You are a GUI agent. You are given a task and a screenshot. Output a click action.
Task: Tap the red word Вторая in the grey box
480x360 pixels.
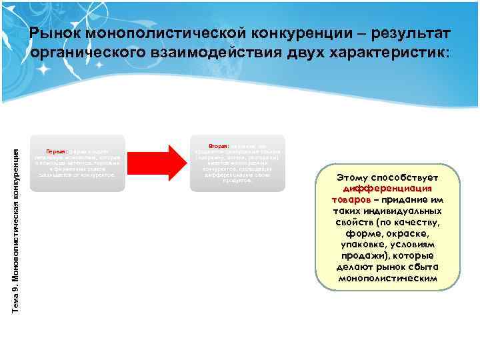[x=218, y=145]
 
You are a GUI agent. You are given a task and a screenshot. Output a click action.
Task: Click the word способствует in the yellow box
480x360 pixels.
[x=415, y=178]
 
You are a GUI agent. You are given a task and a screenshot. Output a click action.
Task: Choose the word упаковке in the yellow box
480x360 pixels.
[x=363, y=245]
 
